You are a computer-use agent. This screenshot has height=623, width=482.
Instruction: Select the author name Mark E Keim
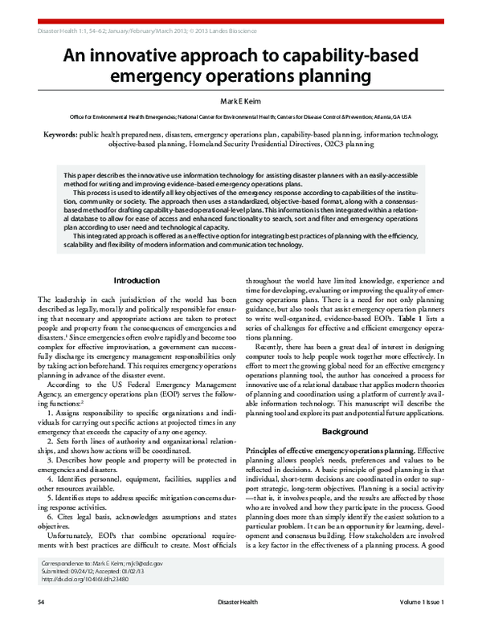(x=241, y=102)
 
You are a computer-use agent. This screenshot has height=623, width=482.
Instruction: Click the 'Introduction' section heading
(x=137, y=280)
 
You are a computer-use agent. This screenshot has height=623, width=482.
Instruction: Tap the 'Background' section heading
(x=345, y=432)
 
